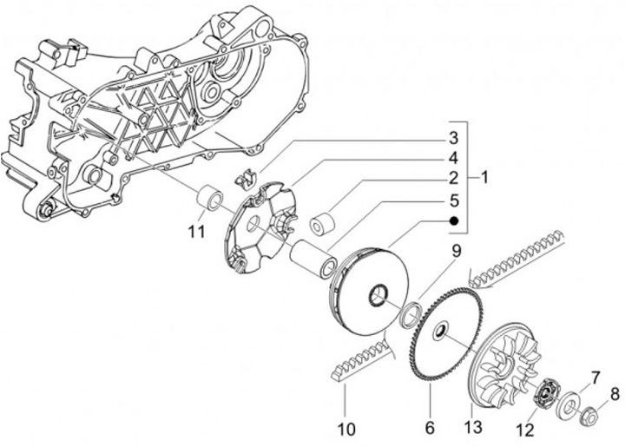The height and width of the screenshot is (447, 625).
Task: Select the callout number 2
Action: tap(452, 179)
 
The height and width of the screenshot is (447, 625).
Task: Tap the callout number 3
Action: tap(452, 138)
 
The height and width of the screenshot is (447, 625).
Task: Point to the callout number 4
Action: tap(452, 158)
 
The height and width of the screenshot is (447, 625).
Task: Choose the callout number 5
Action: tap(452, 200)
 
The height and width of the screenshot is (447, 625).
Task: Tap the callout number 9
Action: tap(455, 253)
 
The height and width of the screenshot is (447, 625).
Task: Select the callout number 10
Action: tap(346, 429)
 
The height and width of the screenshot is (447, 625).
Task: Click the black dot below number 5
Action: tap(452, 220)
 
